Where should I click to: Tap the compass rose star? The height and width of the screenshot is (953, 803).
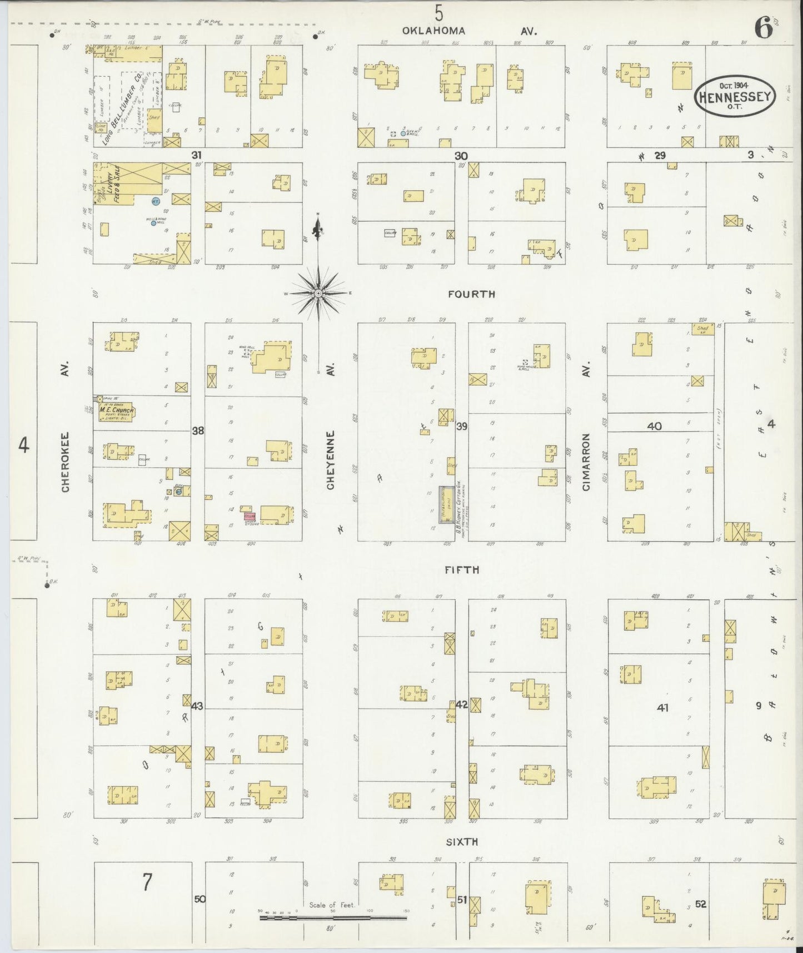click(x=318, y=293)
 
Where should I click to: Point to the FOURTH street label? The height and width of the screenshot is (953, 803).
click(x=471, y=294)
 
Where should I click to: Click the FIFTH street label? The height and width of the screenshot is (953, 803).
click(x=461, y=570)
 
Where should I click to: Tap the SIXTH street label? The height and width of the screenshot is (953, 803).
click(x=462, y=842)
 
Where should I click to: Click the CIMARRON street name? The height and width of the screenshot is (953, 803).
click(x=586, y=462)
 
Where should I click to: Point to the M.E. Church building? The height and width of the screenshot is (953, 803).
click(x=116, y=412)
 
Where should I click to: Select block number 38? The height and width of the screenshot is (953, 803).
click(x=198, y=430)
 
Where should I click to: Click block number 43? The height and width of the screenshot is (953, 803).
click(x=197, y=706)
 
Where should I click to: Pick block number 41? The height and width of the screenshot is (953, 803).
click(x=662, y=708)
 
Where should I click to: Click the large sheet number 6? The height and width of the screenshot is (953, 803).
click(x=764, y=29)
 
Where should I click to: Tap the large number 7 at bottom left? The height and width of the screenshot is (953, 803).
click(x=147, y=882)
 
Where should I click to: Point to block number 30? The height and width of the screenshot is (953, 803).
click(x=461, y=156)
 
